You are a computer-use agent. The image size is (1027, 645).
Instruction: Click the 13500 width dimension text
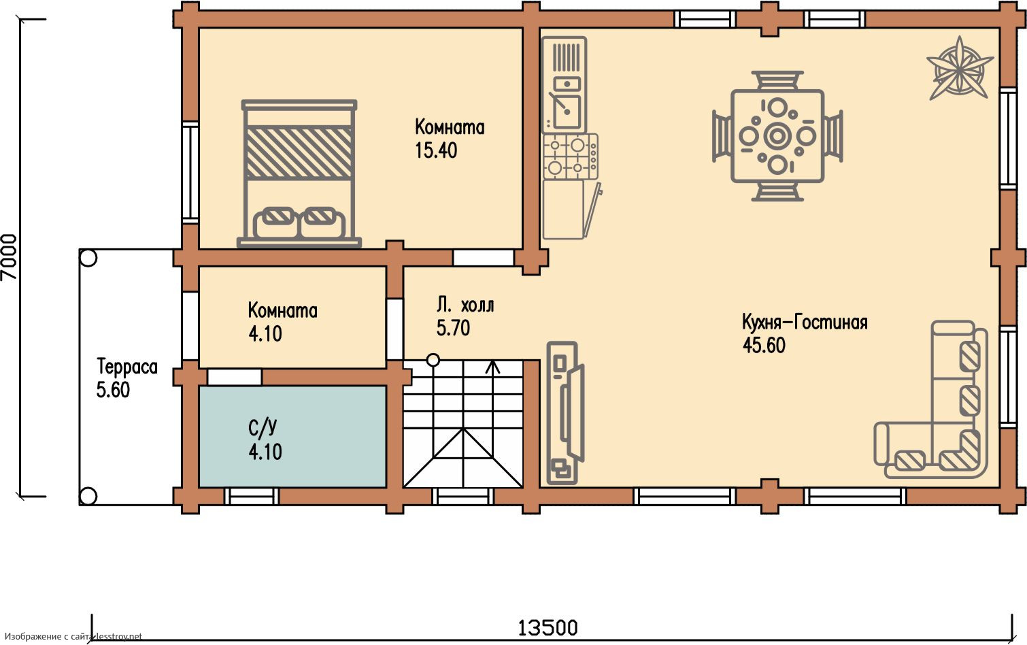548,628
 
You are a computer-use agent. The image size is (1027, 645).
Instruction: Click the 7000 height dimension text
9,257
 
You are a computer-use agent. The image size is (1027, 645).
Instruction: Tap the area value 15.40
436,150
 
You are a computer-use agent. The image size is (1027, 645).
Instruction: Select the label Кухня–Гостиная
805,322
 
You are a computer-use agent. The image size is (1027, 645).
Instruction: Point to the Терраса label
127,367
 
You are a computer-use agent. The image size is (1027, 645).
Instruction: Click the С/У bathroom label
263,427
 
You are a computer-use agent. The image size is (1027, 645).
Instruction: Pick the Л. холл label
465,305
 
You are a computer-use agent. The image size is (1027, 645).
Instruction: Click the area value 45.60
764,346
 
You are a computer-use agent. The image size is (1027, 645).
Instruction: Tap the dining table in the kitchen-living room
777,136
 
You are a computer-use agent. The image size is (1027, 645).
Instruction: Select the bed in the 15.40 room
299,173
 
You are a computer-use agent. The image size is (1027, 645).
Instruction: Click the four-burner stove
571,156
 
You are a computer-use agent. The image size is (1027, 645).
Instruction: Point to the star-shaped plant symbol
960,74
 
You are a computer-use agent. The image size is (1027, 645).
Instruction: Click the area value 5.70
453,328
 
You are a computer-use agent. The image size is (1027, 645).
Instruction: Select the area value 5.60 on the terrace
113,390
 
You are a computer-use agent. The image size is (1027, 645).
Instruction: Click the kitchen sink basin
567,111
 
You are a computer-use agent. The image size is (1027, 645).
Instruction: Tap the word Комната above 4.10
282,310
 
